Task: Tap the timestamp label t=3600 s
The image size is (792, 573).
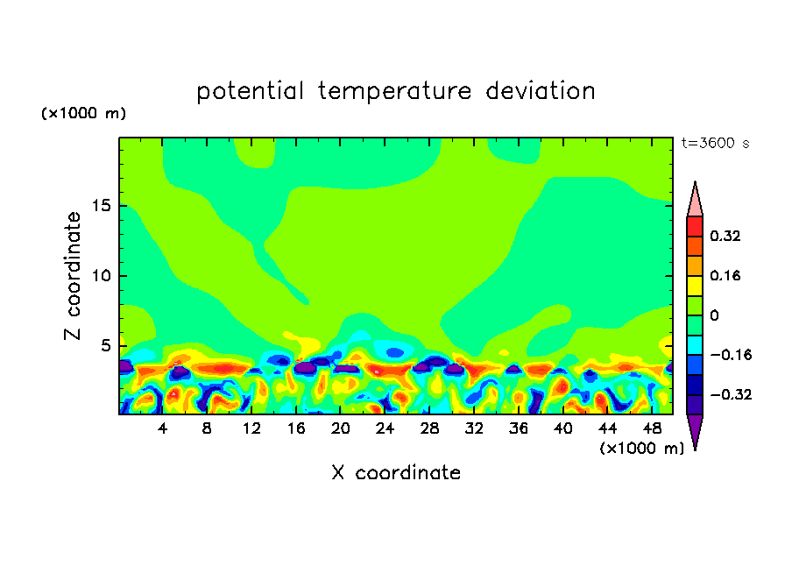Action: point(715,143)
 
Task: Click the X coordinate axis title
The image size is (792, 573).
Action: point(396,473)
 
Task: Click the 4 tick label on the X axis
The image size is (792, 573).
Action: point(163,429)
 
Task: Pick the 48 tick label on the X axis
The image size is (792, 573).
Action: point(651,429)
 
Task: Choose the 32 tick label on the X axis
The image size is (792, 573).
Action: point(474,429)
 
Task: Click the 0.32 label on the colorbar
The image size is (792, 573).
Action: point(726,236)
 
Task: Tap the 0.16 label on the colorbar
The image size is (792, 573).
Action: point(726,275)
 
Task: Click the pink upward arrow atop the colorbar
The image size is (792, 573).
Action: point(695,202)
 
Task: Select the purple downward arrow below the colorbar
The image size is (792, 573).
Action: point(695,429)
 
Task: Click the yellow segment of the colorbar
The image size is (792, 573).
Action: point(695,285)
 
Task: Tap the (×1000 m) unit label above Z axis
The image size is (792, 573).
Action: point(84,114)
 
